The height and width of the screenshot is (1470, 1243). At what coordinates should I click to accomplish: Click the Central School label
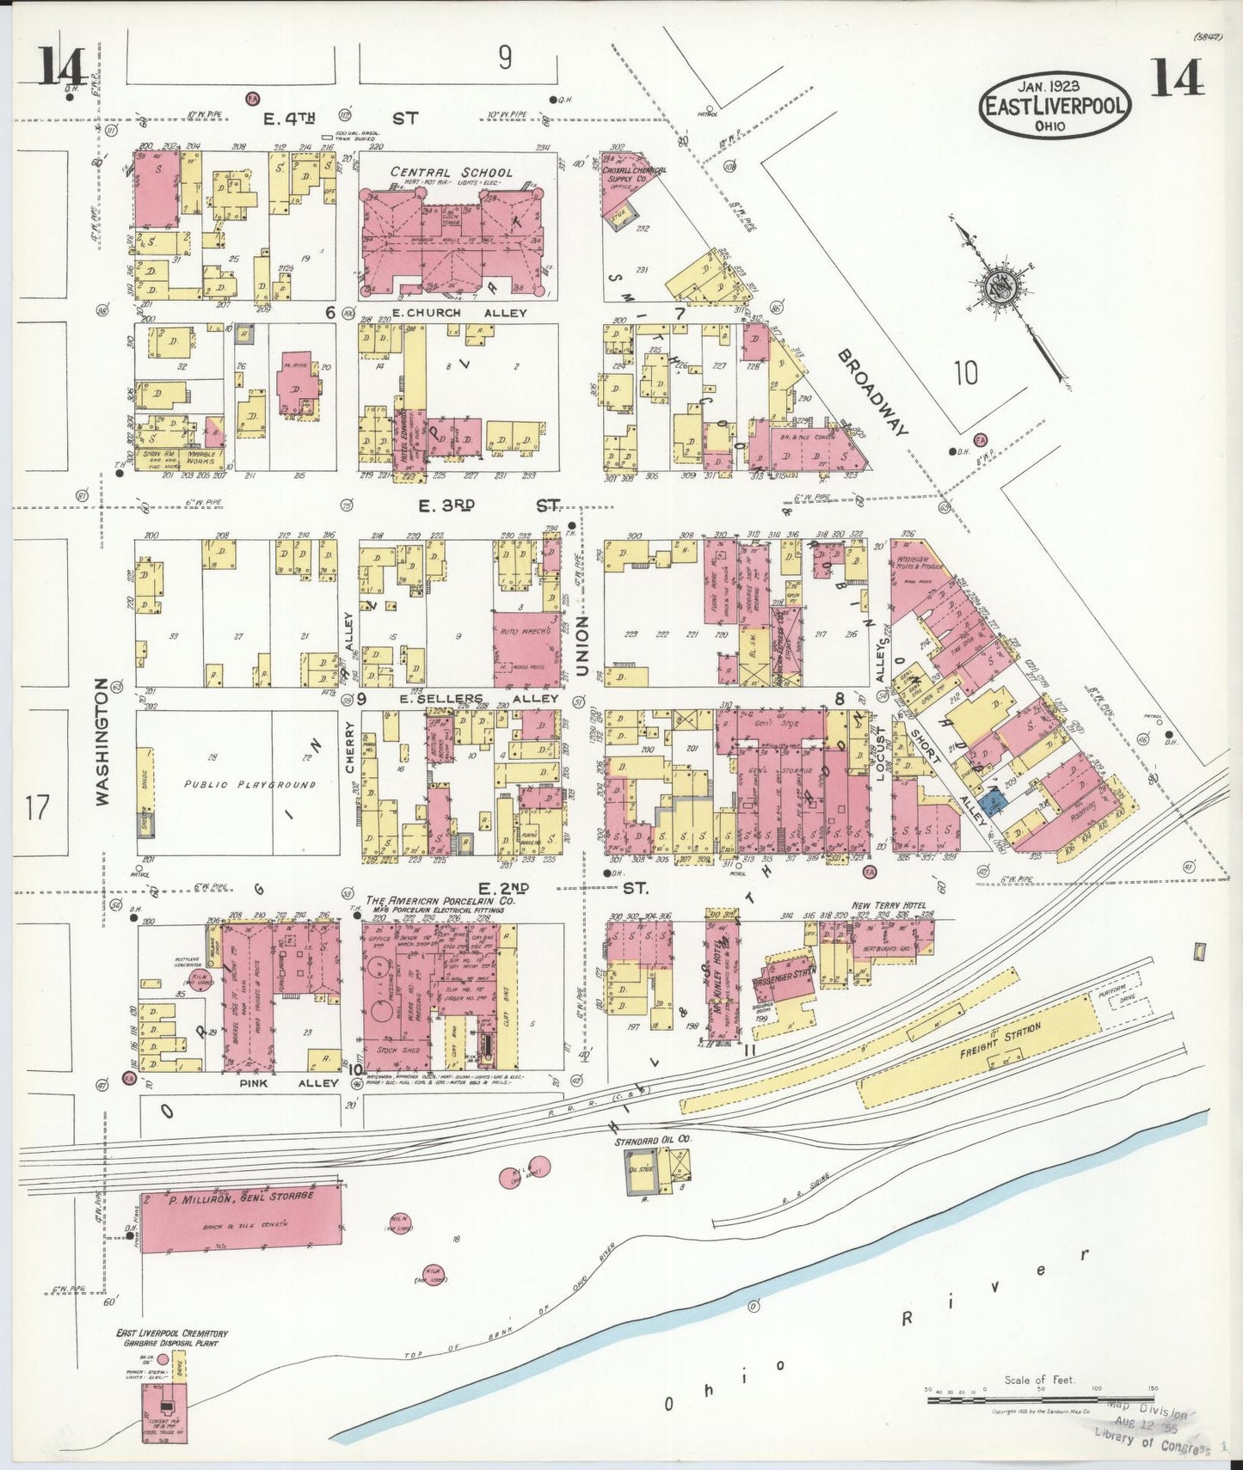(452, 172)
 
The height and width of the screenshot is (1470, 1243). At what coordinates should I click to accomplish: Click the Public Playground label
(249, 784)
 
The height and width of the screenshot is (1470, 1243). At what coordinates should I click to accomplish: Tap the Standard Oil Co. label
(653, 1141)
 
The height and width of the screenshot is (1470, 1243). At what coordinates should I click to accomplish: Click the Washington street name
(103, 741)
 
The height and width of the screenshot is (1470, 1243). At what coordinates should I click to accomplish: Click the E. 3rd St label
(489, 505)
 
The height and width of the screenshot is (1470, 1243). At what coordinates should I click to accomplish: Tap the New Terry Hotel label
(889, 905)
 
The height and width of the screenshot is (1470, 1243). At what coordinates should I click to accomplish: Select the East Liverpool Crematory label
(172, 1338)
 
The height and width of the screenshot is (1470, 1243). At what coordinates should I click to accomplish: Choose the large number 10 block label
(965, 373)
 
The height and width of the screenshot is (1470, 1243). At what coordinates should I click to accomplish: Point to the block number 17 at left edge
(37, 808)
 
